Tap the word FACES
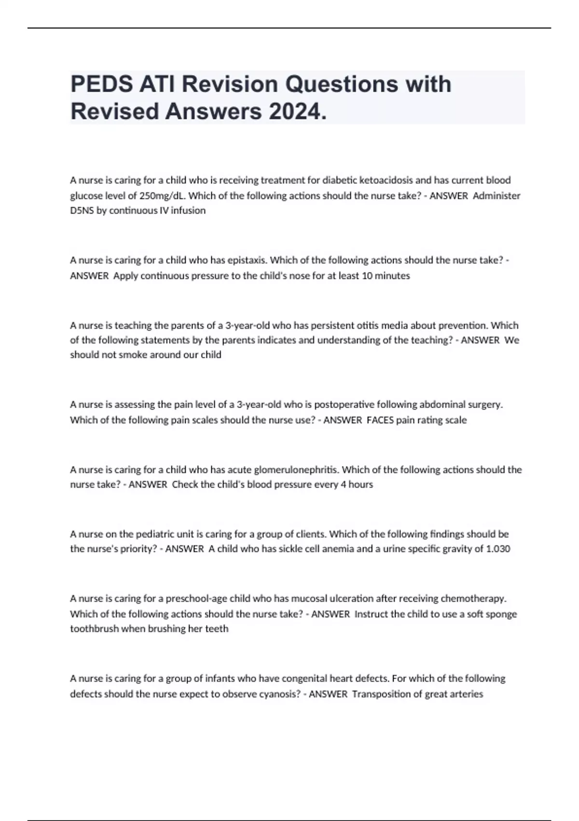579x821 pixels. click(x=380, y=420)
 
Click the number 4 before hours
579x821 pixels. click(x=343, y=484)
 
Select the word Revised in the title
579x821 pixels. click(x=115, y=112)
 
